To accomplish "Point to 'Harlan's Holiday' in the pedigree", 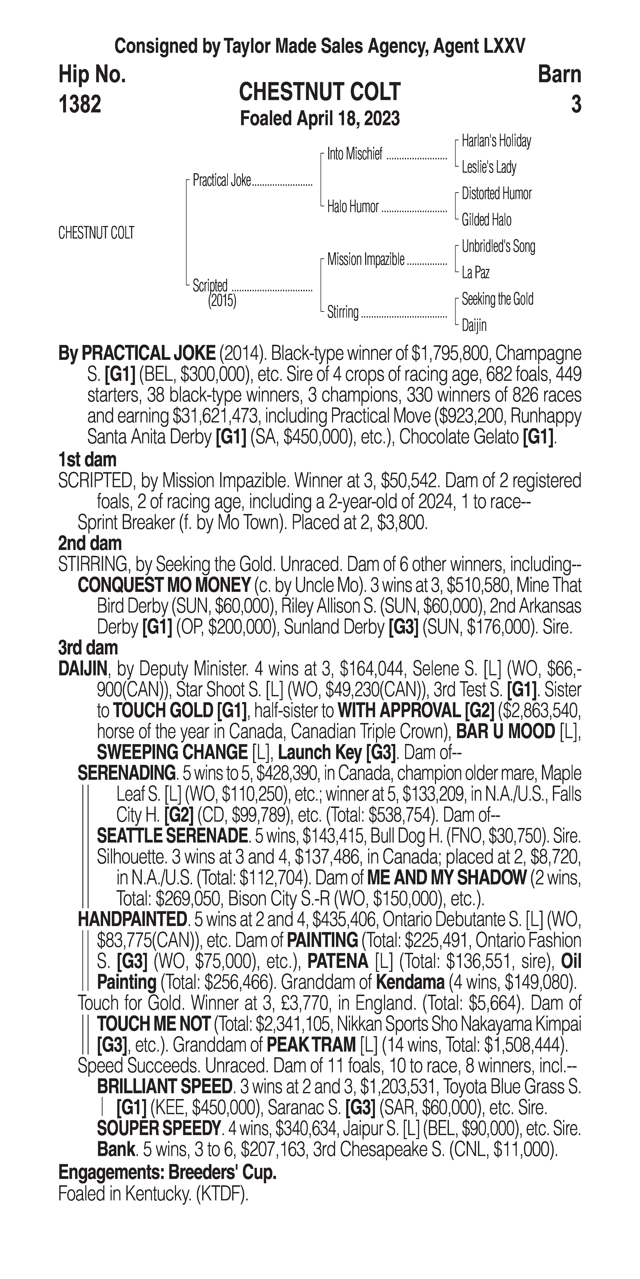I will [496, 141].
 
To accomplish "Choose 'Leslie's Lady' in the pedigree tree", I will [489, 167].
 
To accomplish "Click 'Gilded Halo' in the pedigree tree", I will [486, 220].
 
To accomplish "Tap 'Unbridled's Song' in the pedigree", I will [498, 246].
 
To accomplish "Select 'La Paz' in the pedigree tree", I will [475, 273].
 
